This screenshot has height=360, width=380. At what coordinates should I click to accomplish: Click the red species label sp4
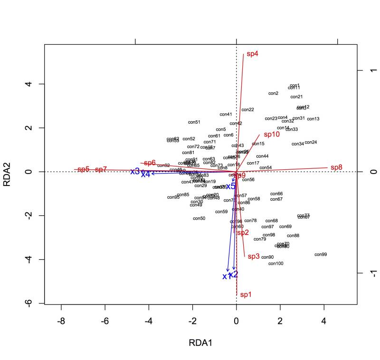(x=252, y=54)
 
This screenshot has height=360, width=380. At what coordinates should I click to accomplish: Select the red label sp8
(x=336, y=167)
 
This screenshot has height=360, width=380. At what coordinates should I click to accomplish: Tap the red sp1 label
(x=246, y=295)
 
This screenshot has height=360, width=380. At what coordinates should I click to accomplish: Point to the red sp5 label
(x=84, y=169)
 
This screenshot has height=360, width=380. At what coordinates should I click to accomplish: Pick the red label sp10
(x=272, y=135)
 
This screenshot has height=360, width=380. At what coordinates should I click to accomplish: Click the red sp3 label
(x=254, y=256)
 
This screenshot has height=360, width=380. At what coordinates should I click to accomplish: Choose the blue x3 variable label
(x=135, y=171)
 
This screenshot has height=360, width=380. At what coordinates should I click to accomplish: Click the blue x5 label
(x=231, y=186)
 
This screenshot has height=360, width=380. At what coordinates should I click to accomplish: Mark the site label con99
(x=321, y=255)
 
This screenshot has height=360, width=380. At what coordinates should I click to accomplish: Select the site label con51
(x=194, y=122)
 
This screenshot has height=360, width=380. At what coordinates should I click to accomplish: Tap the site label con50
(x=199, y=218)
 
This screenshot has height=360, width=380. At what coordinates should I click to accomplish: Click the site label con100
(x=276, y=263)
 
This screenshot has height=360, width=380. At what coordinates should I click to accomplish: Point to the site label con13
(x=313, y=119)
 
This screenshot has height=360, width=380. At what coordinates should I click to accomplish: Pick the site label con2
(x=273, y=94)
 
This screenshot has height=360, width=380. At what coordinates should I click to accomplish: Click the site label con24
(x=311, y=142)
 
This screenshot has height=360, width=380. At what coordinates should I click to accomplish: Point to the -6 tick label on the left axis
(x=29, y=303)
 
